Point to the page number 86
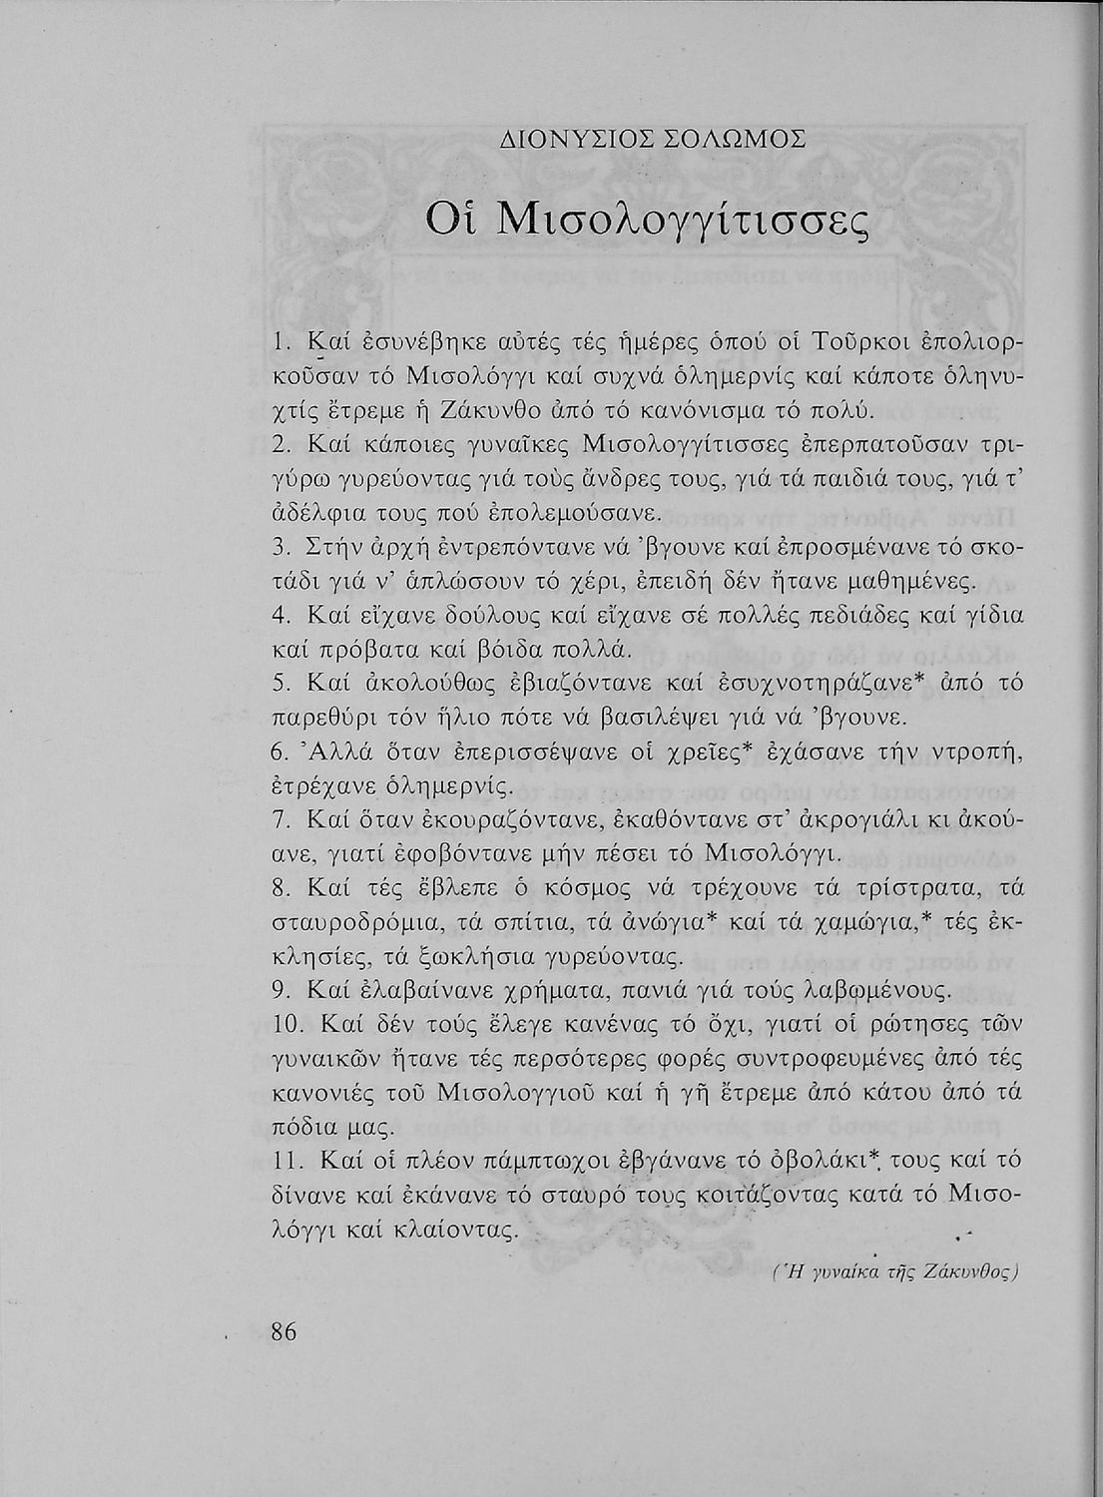coord(285,1331)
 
